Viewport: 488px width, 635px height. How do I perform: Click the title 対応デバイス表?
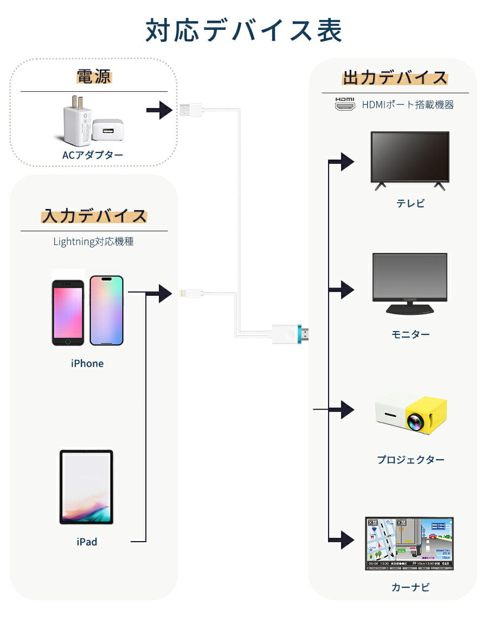[x=244, y=31]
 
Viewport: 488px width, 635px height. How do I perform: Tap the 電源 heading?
[x=93, y=77]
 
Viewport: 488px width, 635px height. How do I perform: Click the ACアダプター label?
[x=93, y=155]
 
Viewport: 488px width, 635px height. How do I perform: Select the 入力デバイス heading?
[x=94, y=216]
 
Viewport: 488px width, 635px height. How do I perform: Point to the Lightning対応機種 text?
[x=93, y=242]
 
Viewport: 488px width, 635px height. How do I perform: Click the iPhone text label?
[x=87, y=364]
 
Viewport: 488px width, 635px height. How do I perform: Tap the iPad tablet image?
[x=86, y=487]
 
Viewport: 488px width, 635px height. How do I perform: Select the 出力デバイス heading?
[x=395, y=78]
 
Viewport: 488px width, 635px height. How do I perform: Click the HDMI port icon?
[x=344, y=104]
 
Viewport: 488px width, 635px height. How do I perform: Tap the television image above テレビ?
[x=409, y=159]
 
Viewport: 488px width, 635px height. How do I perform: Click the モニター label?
[x=410, y=334]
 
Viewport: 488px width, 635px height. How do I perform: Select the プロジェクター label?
[x=410, y=460]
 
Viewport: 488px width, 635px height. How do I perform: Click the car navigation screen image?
[x=409, y=543]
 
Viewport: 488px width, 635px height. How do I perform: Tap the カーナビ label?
[x=410, y=587]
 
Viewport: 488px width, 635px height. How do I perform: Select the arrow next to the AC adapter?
[x=159, y=110]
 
